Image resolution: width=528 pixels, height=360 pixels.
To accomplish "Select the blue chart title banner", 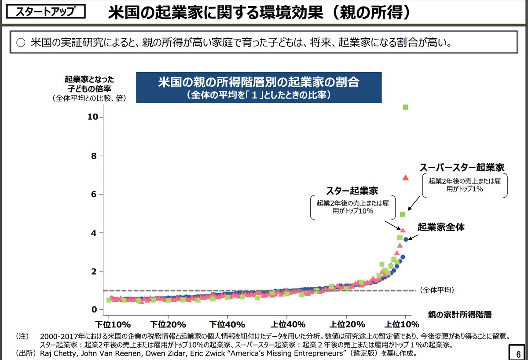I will click(259, 88).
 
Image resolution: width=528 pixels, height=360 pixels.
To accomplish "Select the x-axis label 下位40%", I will click(227, 325).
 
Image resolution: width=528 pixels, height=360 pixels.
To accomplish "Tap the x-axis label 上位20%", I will click(346, 325).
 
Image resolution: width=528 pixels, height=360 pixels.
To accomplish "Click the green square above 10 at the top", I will click(406, 107).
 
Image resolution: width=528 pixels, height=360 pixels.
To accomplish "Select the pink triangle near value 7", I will click(406, 177).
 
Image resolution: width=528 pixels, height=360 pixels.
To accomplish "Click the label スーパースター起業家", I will click(462, 167).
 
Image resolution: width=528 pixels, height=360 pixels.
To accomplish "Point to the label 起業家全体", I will click(441, 228).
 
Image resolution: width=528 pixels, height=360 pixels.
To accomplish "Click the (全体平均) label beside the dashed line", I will click(437, 290).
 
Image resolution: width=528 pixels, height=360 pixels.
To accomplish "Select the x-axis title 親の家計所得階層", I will click(459, 314).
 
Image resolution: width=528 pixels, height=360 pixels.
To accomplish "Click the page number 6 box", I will click(517, 353).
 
